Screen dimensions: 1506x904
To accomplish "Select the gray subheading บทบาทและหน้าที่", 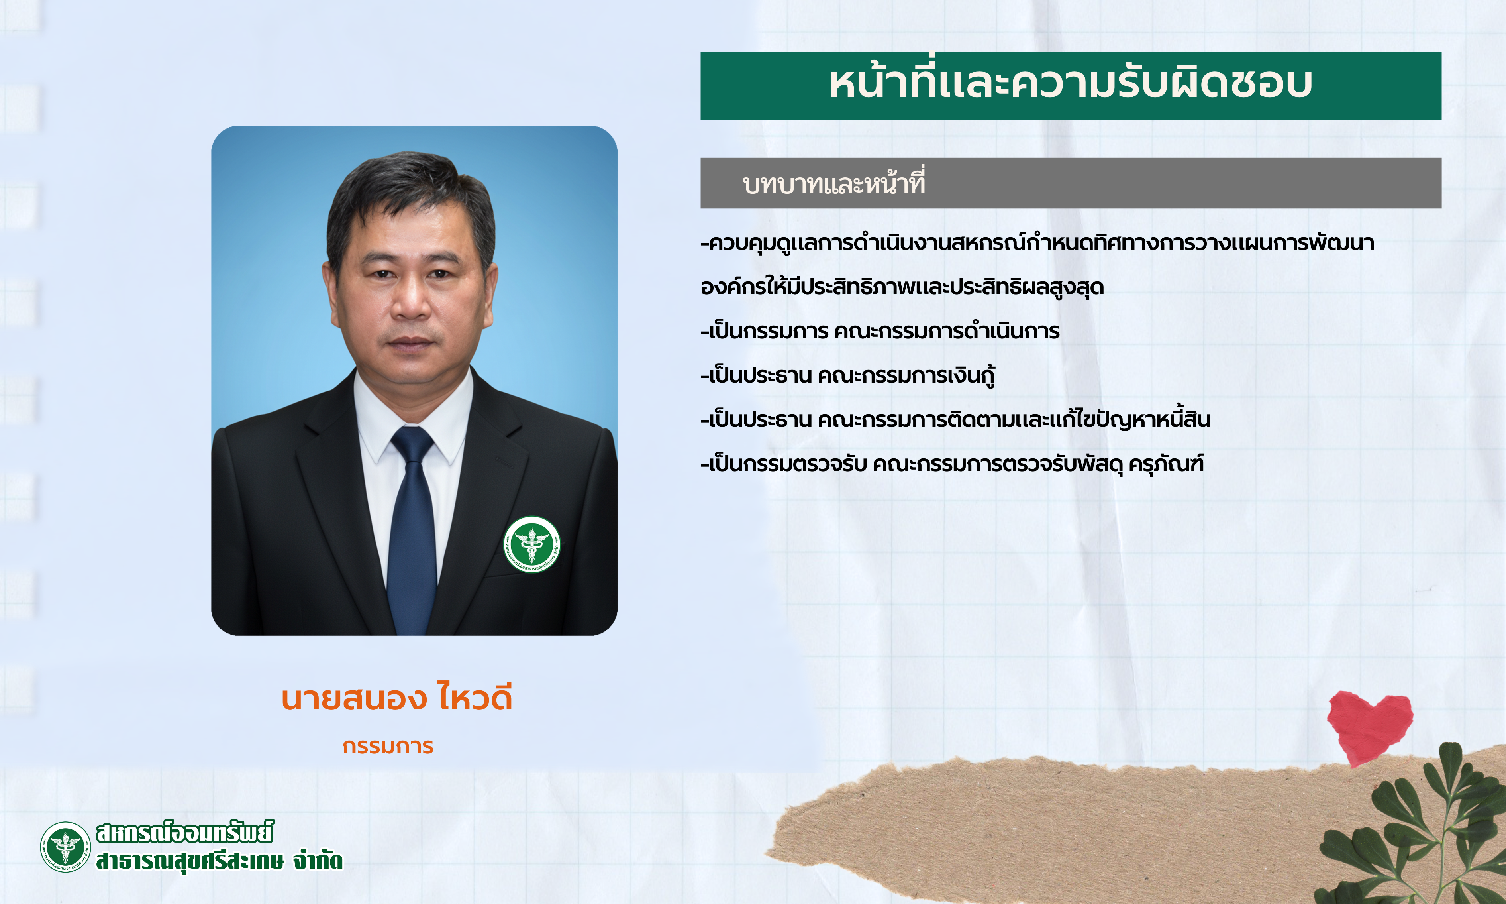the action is click(833, 183).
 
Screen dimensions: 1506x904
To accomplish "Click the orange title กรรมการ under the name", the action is click(388, 746).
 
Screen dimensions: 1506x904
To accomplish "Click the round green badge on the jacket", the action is click(531, 544).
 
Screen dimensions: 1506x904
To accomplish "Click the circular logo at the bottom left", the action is click(65, 847).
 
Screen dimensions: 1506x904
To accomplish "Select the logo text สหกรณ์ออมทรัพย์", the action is click(184, 833).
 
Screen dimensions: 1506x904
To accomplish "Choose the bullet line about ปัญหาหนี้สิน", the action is click(956, 419).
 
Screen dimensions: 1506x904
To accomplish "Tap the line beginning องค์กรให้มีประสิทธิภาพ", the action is click(902, 286).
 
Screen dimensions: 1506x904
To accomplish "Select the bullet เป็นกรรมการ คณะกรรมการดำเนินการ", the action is click(880, 331).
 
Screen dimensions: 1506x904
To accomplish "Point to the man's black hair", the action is click(410, 189).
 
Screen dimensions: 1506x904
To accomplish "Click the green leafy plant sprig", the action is click(1418, 835).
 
